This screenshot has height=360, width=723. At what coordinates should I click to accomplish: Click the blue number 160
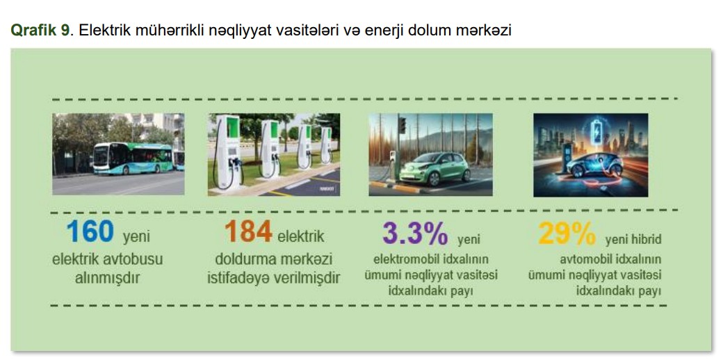(x=90, y=231)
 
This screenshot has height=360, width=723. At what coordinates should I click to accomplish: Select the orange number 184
(x=248, y=231)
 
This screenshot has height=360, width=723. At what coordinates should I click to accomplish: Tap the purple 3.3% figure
(x=414, y=234)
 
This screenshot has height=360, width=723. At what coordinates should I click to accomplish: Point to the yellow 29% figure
(x=567, y=234)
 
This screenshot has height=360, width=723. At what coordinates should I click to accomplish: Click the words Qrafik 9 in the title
(x=40, y=31)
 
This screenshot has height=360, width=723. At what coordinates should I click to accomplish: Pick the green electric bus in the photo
(x=133, y=158)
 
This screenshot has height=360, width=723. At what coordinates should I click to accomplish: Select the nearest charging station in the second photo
(x=228, y=152)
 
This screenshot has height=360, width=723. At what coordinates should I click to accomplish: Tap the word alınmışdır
(x=108, y=279)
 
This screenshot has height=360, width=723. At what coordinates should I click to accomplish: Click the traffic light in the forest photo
(x=402, y=125)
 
